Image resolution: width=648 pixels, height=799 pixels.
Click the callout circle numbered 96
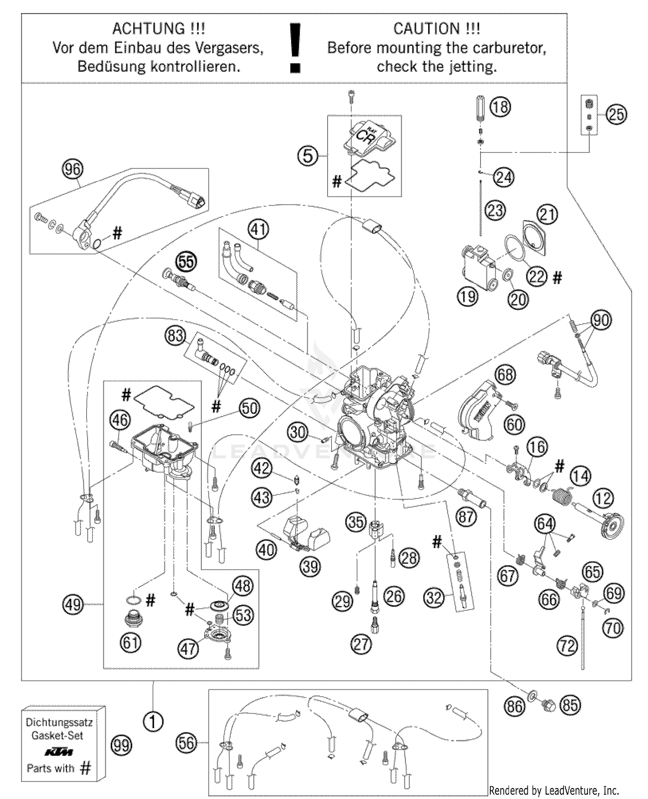pos(73,169)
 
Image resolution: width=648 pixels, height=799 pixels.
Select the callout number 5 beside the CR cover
pos(308,155)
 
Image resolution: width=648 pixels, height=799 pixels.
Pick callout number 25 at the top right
pos(616,114)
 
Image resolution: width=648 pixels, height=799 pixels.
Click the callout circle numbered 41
pos(258,229)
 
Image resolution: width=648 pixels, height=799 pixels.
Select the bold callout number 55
pos(187,261)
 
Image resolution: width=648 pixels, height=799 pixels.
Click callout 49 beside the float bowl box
pos(73,604)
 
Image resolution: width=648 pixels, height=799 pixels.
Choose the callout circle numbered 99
pos(121,745)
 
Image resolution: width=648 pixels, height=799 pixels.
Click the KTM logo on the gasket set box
pos(59,752)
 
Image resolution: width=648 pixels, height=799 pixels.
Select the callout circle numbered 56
pos(186,743)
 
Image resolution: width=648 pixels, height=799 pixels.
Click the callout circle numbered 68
pos(505,374)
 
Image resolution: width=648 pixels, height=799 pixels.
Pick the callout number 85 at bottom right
pos(570,705)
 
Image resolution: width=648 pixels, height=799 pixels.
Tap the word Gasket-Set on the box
pos(57,735)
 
